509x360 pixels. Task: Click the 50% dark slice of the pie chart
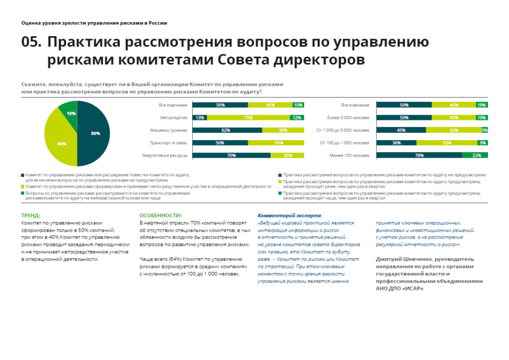tap(93, 133)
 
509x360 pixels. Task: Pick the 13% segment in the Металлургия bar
tap(200, 118)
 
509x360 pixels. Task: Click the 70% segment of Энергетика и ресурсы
tap(231, 155)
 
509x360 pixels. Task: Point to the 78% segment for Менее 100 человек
tap(419, 155)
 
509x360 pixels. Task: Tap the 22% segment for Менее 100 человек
tap(475, 155)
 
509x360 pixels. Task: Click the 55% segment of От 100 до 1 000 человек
tap(446, 142)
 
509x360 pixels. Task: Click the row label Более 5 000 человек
tap(348, 118)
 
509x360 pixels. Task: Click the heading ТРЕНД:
tap(31, 216)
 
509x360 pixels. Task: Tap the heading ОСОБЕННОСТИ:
tap(161, 216)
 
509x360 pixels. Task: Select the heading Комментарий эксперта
tap(289, 216)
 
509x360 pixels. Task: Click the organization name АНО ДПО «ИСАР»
tap(399, 288)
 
